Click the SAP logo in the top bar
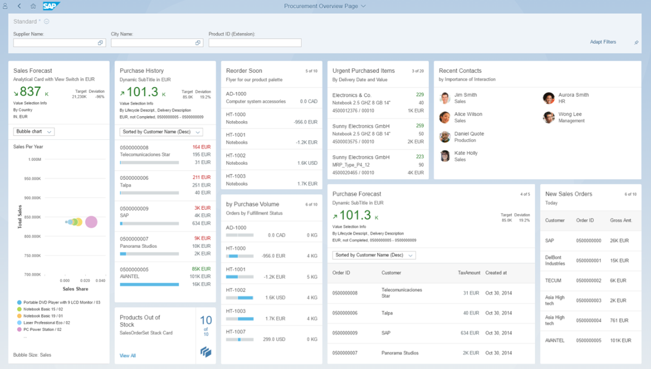pyautogui.click(x=51, y=6)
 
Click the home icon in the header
pyautogui.click(x=33, y=6)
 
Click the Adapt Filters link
pyautogui.click(x=603, y=42)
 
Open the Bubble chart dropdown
pyautogui.click(x=34, y=132)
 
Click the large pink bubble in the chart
pyautogui.click(x=91, y=222)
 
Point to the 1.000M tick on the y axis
pyautogui.click(x=34, y=160)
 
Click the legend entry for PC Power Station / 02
pyautogui.click(x=42, y=329)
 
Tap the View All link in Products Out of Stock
pyautogui.click(x=128, y=355)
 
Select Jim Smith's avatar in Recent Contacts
pyautogui.click(x=445, y=98)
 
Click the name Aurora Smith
pyautogui.click(x=573, y=95)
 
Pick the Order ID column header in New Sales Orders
pyautogui.click(x=585, y=221)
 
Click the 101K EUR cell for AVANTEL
pyautogui.click(x=621, y=341)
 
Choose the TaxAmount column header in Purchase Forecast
pyautogui.click(x=469, y=273)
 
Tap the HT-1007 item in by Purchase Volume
pyautogui.click(x=236, y=332)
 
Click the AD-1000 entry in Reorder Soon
pyautogui.click(x=236, y=94)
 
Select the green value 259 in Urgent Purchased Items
pyautogui.click(x=420, y=126)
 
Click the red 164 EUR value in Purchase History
pyautogui.click(x=202, y=147)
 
